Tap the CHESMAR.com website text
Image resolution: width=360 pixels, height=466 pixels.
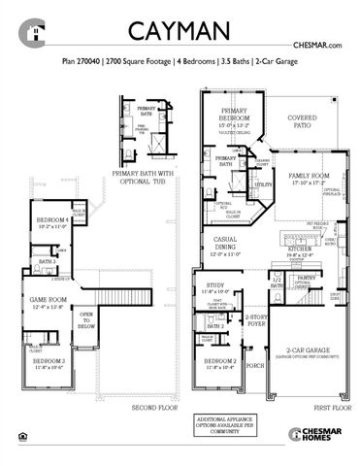pyautogui.click(x=320, y=46)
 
